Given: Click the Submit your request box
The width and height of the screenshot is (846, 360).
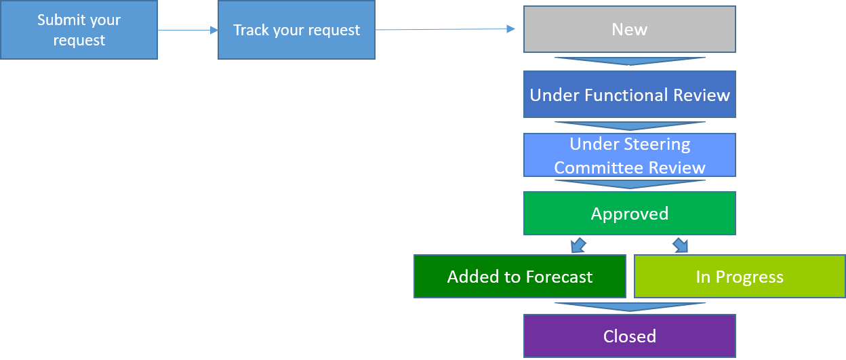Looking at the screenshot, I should click(79, 30).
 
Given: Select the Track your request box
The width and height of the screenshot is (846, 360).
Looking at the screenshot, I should click(296, 30).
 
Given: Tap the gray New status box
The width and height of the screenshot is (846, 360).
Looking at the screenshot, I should click(629, 29).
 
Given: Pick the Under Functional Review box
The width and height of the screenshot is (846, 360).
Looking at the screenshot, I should click(629, 94).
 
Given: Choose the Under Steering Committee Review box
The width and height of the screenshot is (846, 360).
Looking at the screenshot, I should click(629, 155).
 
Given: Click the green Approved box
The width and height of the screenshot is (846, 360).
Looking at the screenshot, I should click(629, 214).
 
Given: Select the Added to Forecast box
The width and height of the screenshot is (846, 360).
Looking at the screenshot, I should click(519, 277).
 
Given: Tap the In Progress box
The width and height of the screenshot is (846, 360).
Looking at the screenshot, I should click(739, 277).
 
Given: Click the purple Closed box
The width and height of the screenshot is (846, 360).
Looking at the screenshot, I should click(629, 336).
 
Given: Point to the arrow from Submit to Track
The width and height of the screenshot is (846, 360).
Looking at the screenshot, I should click(188, 31).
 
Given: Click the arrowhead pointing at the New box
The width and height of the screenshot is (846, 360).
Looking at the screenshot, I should click(510, 29).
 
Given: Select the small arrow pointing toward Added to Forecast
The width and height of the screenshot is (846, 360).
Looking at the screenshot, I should click(578, 245).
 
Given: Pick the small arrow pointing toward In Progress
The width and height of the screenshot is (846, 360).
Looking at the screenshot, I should click(680, 245).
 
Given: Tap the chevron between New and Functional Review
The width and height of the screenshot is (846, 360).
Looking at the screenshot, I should click(629, 62).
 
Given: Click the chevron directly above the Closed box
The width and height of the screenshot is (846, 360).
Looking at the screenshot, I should click(629, 307).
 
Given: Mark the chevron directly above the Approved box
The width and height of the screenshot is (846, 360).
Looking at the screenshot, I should click(629, 184).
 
